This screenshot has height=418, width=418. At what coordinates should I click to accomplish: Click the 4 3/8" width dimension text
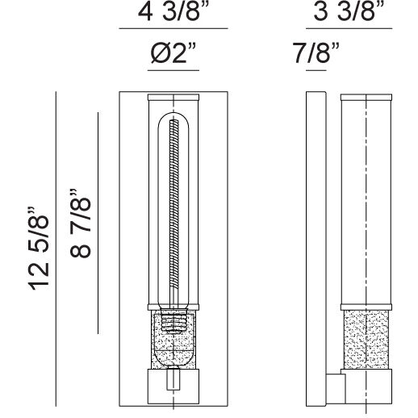coord(172,15)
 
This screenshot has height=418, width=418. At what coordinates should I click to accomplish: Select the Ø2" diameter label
coord(172,58)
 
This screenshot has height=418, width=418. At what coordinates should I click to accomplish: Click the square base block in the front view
coord(172,387)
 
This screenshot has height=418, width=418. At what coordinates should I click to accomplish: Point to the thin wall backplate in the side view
coord(316,242)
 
